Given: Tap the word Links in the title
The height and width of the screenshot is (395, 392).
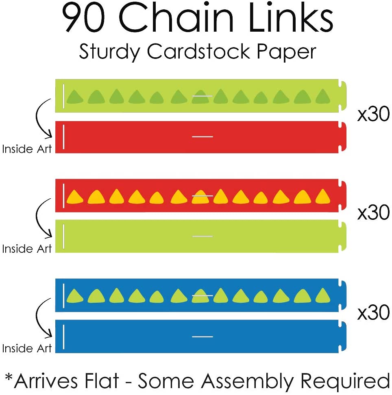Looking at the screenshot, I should pyautogui.click(x=289, y=19).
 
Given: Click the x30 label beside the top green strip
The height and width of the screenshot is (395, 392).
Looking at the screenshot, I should pyautogui.click(x=373, y=115).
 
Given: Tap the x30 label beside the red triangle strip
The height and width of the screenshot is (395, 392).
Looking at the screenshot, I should pyautogui.click(x=373, y=213).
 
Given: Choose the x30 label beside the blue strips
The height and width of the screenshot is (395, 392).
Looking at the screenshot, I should pyautogui.click(x=373, y=313).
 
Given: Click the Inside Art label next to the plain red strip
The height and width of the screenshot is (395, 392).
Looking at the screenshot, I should pyautogui.click(x=27, y=149).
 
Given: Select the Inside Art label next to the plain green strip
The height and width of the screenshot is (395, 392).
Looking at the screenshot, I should pyautogui.click(x=27, y=249).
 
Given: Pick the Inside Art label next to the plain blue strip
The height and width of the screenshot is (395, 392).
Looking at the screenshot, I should pyautogui.click(x=27, y=348).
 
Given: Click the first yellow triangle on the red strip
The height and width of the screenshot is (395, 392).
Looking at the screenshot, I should pyautogui.click(x=75, y=197).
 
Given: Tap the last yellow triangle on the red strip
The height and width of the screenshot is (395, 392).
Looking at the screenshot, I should pyautogui.click(x=323, y=196).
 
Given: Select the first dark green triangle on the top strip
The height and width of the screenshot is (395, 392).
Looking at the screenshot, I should pyautogui.click(x=75, y=97).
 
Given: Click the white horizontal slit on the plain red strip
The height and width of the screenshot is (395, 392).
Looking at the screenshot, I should pyautogui.click(x=203, y=137).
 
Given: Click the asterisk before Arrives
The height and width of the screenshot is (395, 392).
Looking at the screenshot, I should pyautogui.click(x=9, y=378).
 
